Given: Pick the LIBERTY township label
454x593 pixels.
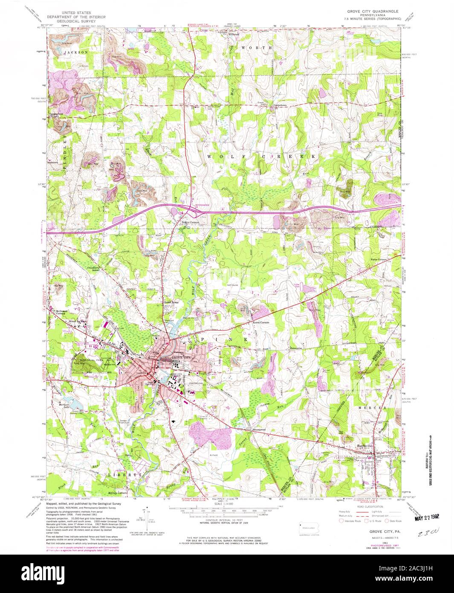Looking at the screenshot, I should [124, 474].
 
